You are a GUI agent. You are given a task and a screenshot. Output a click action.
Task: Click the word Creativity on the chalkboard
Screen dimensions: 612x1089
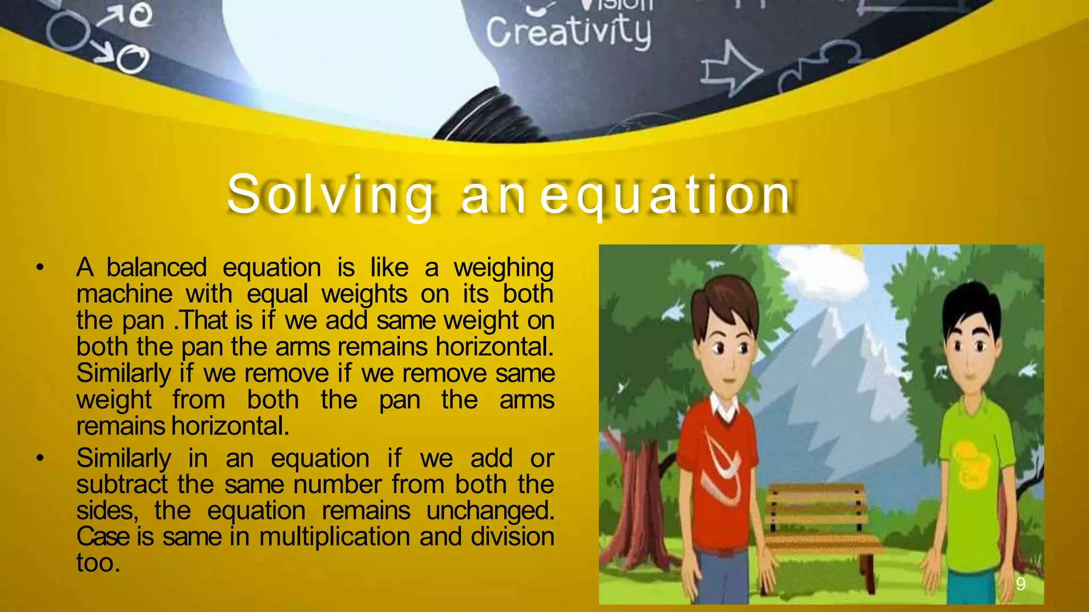pos(568,32)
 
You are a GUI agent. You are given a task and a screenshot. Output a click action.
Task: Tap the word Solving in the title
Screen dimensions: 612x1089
pos(330,195)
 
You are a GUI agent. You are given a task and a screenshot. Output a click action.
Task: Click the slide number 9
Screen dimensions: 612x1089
pos(1020,584)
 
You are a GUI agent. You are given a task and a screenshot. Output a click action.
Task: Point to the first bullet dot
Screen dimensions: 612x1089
pos(40,267)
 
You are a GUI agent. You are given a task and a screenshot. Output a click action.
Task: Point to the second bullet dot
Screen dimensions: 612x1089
pos(40,457)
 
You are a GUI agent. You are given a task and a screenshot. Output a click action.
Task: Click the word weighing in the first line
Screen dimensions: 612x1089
pos(503,268)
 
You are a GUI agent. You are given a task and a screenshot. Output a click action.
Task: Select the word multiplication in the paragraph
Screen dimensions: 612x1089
pos(334,536)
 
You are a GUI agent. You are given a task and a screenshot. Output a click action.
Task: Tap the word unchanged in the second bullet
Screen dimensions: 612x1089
pos(490,511)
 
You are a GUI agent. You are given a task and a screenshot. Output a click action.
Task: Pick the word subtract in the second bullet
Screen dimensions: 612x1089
pos(122,484)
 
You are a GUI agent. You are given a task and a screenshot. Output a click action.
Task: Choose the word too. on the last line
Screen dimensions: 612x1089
pos(98,563)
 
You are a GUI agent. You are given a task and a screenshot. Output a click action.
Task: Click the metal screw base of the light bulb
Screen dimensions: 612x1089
pos(487,114)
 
